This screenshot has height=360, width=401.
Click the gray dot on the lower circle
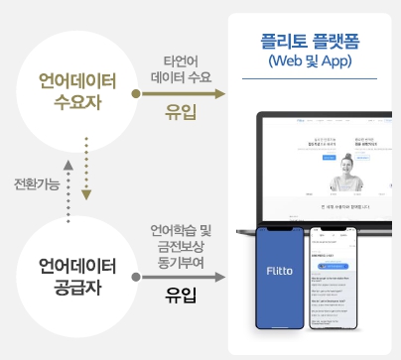click(x=136, y=278)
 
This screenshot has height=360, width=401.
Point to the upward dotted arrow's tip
click(x=67, y=162)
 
